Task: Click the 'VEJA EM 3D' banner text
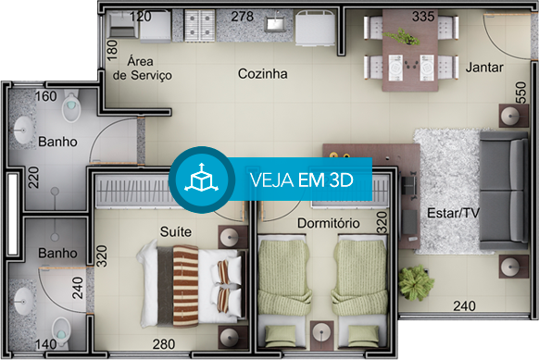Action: point(302,180)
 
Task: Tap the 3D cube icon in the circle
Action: point(202,179)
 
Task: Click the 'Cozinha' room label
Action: point(263,74)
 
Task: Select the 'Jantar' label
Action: point(484,68)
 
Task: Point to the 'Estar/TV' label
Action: point(453,213)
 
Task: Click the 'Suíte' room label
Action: point(176,232)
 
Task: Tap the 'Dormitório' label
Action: point(328,223)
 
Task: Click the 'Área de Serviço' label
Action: point(143,68)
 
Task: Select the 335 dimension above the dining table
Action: point(423,17)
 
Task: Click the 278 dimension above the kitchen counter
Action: point(243,17)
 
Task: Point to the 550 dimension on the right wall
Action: point(520,92)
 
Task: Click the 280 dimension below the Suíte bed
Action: point(164,344)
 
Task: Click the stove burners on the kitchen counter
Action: point(200,25)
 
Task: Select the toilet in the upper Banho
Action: point(71,106)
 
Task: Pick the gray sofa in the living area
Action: point(504,191)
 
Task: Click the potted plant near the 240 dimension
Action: point(415,282)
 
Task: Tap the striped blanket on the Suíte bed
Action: point(185,286)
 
